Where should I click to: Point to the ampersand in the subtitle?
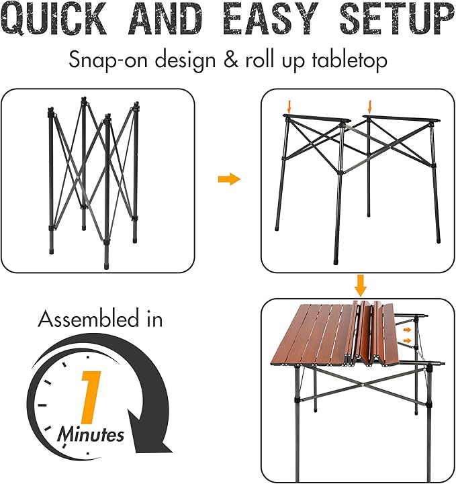(231, 59)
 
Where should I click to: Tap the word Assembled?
(89, 319)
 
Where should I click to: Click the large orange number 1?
(91, 397)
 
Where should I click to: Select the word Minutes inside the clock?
(91, 434)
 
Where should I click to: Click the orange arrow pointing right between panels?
(229, 179)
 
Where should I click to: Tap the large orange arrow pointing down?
(361, 285)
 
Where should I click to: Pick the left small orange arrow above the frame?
(289, 107)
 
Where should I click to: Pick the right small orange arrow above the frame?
(370, 107)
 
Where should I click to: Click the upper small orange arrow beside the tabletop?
(408, 330)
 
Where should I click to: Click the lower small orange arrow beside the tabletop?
(408, 340)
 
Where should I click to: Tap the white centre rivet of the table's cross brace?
(362, 385)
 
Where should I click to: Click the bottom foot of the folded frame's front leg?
(107, 267)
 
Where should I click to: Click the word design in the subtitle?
(185, 60)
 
